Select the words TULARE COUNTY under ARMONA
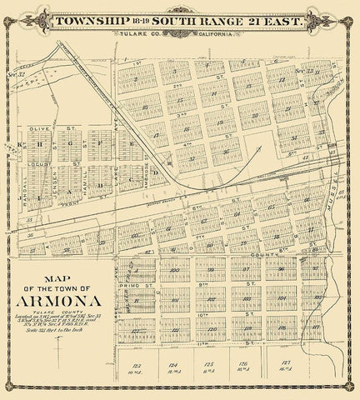coord(64,313)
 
